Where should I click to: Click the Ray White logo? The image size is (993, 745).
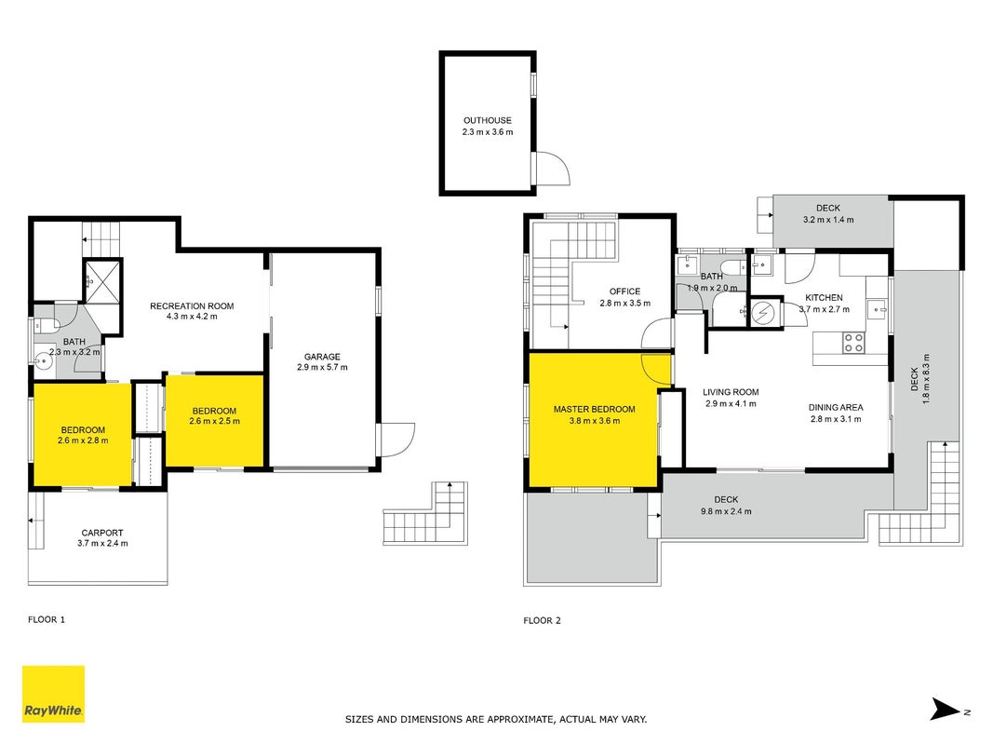point(53,694)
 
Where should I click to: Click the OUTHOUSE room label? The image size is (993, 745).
point(487,120)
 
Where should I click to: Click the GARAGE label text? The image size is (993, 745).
point(322,357)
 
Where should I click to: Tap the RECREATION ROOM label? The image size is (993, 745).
point(192,306)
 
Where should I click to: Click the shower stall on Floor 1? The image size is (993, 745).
point(102,280)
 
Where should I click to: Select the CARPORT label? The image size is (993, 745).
point(102,533)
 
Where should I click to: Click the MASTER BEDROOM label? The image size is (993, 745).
point(594,409)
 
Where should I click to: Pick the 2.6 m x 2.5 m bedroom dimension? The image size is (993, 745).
point(215,421)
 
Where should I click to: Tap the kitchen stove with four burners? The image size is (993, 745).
point(853,343)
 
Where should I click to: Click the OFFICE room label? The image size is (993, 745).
point(624,291)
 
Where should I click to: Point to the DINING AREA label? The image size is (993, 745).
point(836,407)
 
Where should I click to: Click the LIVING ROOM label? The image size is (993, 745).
point(731,392)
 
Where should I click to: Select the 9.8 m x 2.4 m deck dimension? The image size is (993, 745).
point(726,511)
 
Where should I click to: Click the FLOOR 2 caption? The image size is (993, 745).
point(542,620)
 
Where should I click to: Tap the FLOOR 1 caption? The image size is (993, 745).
point(47,619)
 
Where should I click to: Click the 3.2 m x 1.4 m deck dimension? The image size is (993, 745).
point(828,220)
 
